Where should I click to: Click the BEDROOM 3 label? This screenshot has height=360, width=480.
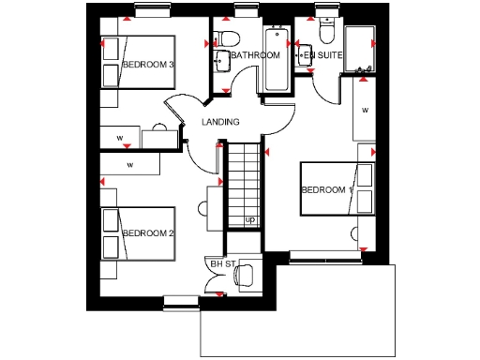tap(149, 65)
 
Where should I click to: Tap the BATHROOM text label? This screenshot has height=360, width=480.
tap(256, 55)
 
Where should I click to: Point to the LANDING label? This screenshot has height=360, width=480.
tap(220, 122)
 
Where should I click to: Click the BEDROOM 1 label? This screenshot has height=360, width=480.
tap(326, 189)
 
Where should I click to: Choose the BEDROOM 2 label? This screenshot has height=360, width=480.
tap(149, 232)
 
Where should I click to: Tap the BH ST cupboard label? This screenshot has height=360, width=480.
tap(220, 264)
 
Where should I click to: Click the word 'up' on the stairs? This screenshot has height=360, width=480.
tap(249, 219)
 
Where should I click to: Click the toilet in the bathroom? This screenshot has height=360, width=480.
tap(225, 40)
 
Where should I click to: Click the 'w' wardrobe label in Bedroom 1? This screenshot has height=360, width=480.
tap(365, 110)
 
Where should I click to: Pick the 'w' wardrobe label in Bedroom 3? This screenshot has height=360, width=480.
tap(120, 138)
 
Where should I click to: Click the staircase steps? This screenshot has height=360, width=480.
tap(243, 184)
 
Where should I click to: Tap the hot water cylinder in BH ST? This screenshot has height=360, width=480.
tap(245, 275)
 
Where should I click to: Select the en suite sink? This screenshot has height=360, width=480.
tap(303, 55)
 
